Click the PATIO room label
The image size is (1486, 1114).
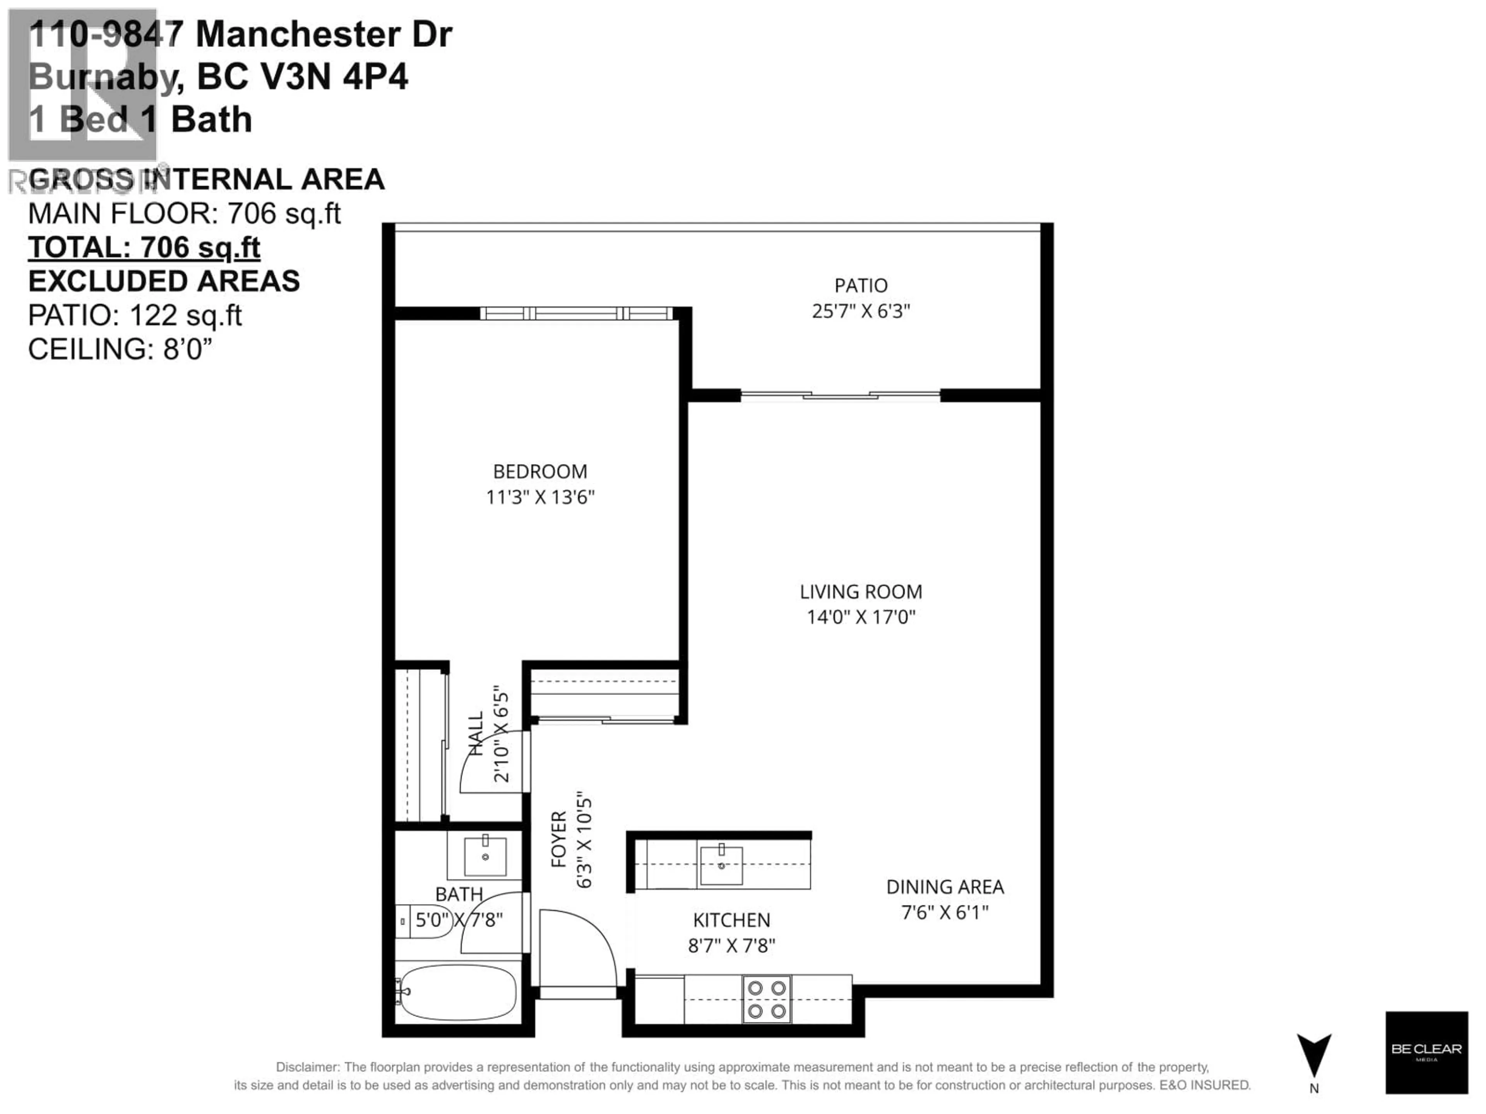pos(861,285)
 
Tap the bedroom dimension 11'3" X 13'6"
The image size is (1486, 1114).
pos(540,497)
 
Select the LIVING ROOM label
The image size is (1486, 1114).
pos(861,591)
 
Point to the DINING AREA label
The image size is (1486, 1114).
pos(945,887)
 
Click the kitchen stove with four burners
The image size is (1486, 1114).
pos(767,999)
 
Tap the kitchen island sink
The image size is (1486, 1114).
pos(721,866)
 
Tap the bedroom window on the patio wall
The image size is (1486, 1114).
pos(576,313)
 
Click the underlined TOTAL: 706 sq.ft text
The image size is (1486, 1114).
pos(144,248)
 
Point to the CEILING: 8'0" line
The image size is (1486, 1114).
pos(120,349)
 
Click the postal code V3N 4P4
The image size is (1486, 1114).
pos(334,77)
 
